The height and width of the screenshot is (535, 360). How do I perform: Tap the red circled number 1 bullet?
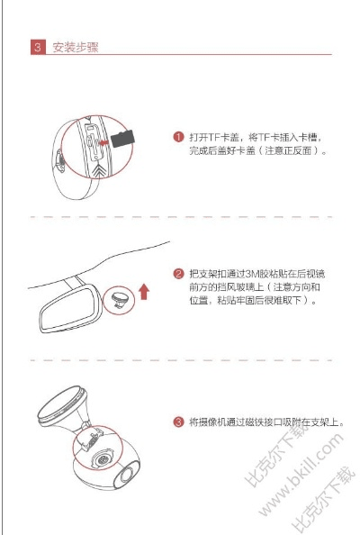(179, 138)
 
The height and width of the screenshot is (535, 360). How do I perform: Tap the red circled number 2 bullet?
(179, 273)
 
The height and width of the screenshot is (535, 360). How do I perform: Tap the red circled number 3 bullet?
(179, 422)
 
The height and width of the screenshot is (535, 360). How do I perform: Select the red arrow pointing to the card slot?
(109, 141)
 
